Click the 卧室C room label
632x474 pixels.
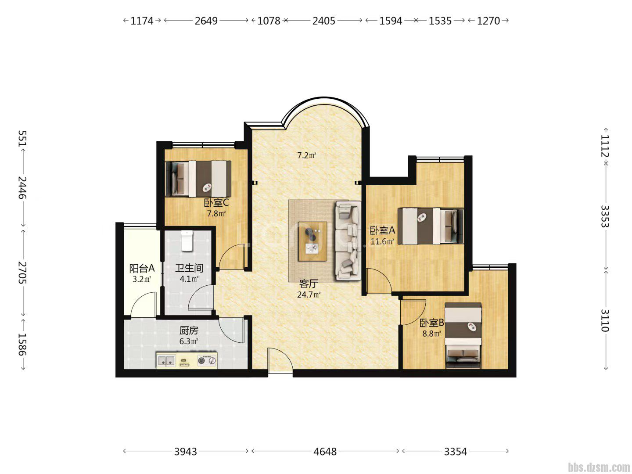pos(216,203)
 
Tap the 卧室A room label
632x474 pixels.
pos(382,230)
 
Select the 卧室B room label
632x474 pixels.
pos(431,323)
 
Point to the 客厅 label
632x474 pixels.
pos(309,284)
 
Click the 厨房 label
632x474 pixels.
pos(189,330)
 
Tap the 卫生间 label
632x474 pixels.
pos(189,268)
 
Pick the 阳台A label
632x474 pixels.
pos(142,269)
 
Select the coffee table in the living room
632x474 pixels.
pos(312,241)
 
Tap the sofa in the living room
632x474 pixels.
pos(348,241)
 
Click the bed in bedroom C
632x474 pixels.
pos(198,179)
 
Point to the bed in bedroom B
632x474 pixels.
pos(463,336)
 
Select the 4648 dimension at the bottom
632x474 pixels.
pos(325,452)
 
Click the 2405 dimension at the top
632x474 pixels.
pos(323,21)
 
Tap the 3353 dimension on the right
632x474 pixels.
pos(605,216)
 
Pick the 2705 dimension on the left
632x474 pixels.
pos(22,273)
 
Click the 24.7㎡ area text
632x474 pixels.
pos(309,294)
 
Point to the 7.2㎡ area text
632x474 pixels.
pos(306,155)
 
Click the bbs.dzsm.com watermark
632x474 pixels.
pos(599,467)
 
